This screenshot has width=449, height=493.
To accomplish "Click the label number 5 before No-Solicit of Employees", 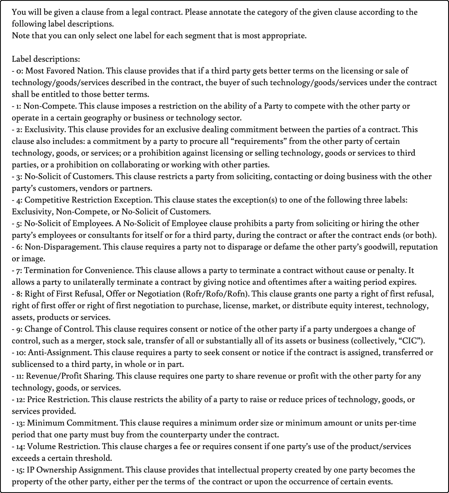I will (x=18, y=223).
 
